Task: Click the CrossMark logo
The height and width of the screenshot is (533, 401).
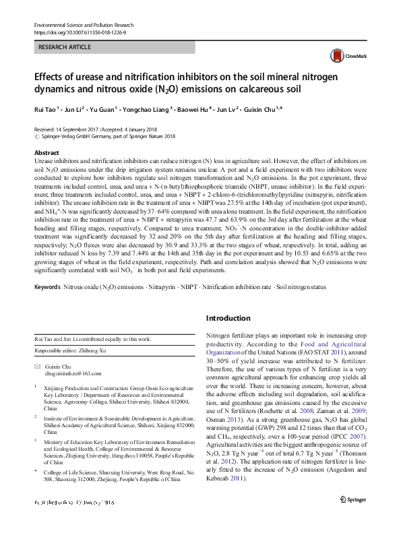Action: (x=342, y=56)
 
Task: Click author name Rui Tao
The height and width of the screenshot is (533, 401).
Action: (x=44, y=108)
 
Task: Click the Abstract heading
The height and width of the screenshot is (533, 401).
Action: (x=47, y=154)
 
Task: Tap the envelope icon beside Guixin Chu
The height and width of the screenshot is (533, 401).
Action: (x=37, y=365)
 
